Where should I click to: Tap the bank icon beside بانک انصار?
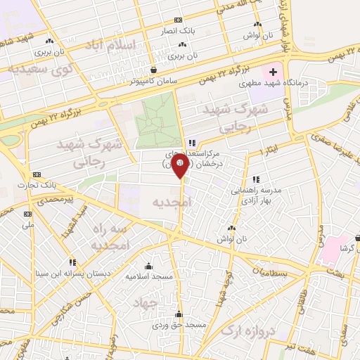pos(178,20)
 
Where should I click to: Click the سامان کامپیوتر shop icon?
pos(154,70)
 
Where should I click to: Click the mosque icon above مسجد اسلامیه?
pos(148,266)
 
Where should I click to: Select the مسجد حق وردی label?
pos(179,326)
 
